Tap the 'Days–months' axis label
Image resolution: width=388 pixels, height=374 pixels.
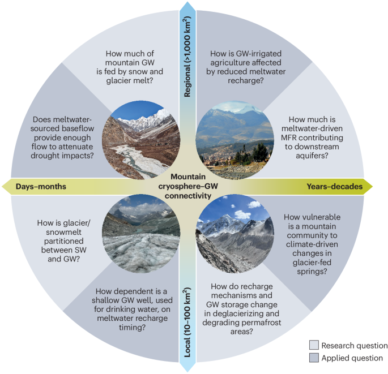tap(41, 186)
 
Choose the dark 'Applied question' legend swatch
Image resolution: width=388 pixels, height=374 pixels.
tap(315, 358)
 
